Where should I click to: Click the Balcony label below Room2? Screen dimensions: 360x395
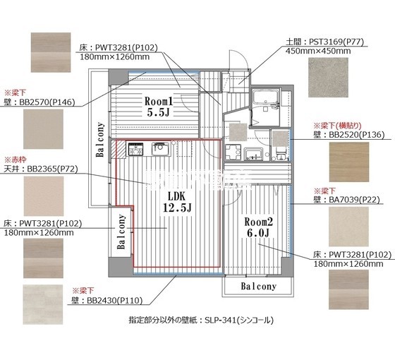coord(257,287)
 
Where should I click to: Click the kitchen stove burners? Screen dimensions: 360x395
coord(135,150)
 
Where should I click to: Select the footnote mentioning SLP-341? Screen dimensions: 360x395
coord(201,320)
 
